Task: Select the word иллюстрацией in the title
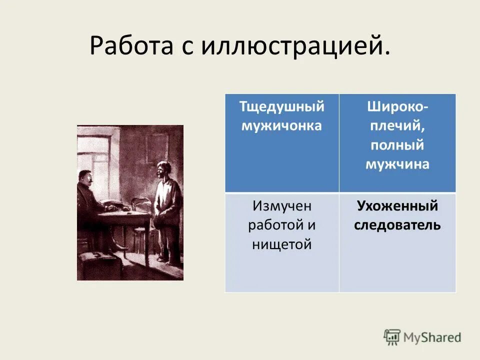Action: click(295, 46)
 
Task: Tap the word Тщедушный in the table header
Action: click(281, 106)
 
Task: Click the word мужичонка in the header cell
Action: click(281, 125)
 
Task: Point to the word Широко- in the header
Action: click(397, 106)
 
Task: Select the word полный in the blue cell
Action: click(397, 145)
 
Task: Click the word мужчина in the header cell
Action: click(397, 164)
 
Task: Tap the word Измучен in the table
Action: click(281, 205)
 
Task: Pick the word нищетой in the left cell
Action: click(281, 244)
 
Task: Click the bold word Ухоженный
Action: click(397, 205)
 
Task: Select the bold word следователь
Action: click(397, 225)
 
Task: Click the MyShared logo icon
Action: click(392, 336)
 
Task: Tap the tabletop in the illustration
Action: click(122, 212)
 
